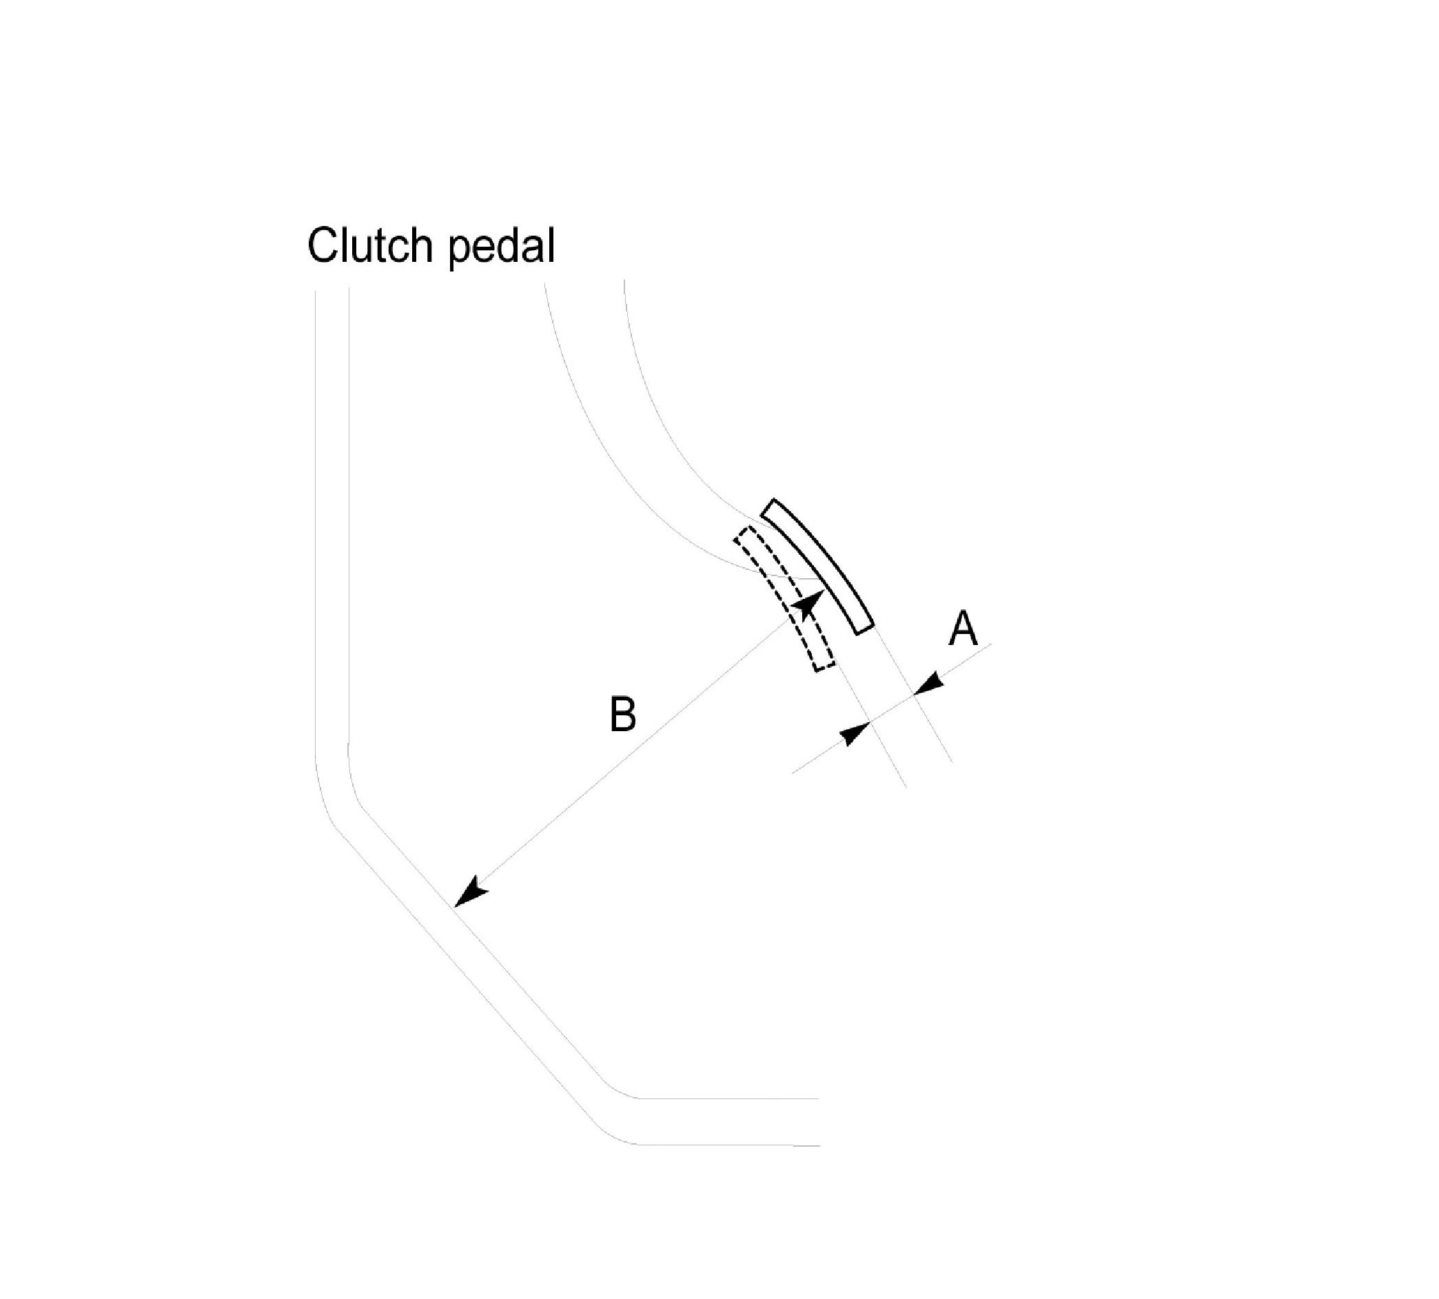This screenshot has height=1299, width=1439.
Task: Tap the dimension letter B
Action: point(622,715)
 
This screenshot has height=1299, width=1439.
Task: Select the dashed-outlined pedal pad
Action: point(785,598)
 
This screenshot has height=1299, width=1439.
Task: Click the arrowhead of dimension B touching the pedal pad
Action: point(807,606)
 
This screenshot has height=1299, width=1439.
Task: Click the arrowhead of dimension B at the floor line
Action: point(470,895)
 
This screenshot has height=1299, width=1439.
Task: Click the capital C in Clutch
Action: point(322,247)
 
